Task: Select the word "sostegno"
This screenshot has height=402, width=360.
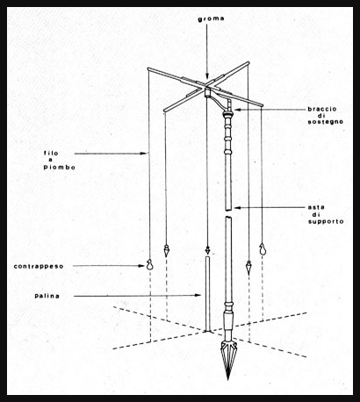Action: [x=326, y=122]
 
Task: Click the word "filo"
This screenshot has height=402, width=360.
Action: [x=51, y=153]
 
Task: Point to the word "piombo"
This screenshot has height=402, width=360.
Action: [x=60, y=168]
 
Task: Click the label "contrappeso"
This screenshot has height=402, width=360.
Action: [x=39, y=267]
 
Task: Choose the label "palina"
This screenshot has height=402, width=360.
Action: [x=47, y=296]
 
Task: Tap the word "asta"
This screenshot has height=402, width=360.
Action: [x=316, y=207]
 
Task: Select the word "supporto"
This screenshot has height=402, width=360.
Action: [x=326, y=222]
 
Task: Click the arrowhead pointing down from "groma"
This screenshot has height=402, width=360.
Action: [x=207, y=76]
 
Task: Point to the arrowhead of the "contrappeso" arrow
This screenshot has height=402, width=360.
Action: [x=142, y=266]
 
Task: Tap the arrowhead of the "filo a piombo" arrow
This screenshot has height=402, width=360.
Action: [x=143, y=153]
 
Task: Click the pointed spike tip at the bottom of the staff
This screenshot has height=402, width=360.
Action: [x=228, y=379]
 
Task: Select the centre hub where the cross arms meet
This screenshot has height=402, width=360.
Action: [x=207, y=88]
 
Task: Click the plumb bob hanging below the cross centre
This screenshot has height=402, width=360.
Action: [x=207, y=250]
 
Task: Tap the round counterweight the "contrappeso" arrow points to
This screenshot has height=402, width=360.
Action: [x=149, y=265]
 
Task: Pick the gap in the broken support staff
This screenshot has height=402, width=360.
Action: [x=228, y=213]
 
